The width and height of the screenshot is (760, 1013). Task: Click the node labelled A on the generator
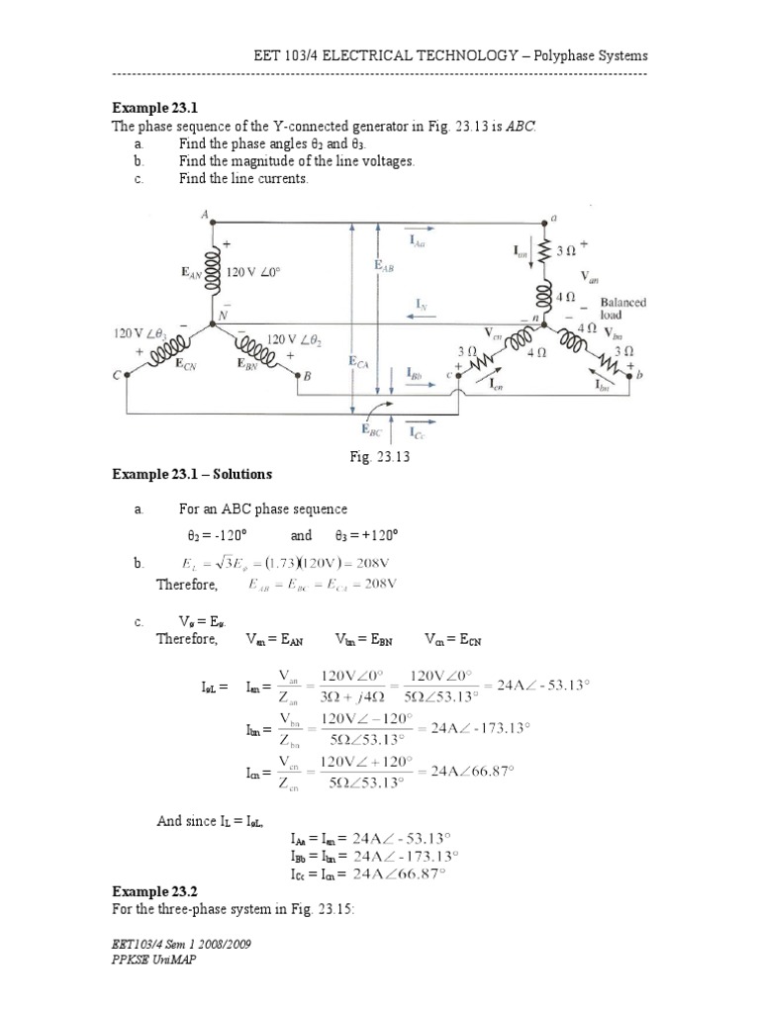(206, 215)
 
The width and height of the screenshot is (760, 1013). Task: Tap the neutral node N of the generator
(224, 316)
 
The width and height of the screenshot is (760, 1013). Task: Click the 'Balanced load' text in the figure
(621, 309)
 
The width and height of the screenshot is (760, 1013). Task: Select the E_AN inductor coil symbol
(211, 274)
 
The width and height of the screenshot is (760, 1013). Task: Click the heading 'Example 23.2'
(148, 891)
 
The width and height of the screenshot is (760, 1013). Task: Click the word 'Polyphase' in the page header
(563, 55)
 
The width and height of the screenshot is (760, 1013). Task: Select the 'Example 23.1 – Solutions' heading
(192, 476)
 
